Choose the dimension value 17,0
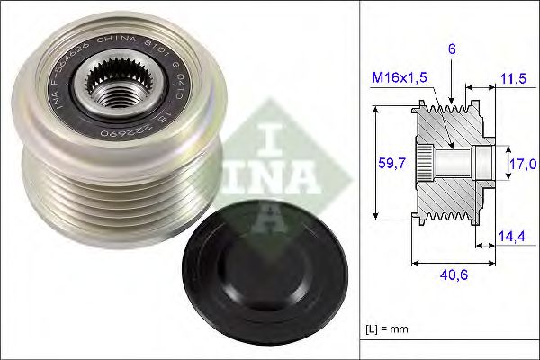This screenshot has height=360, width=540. click(523, 163)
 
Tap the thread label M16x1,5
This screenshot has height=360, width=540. click(398, 78)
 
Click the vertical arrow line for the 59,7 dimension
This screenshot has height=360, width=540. click(373, 164)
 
